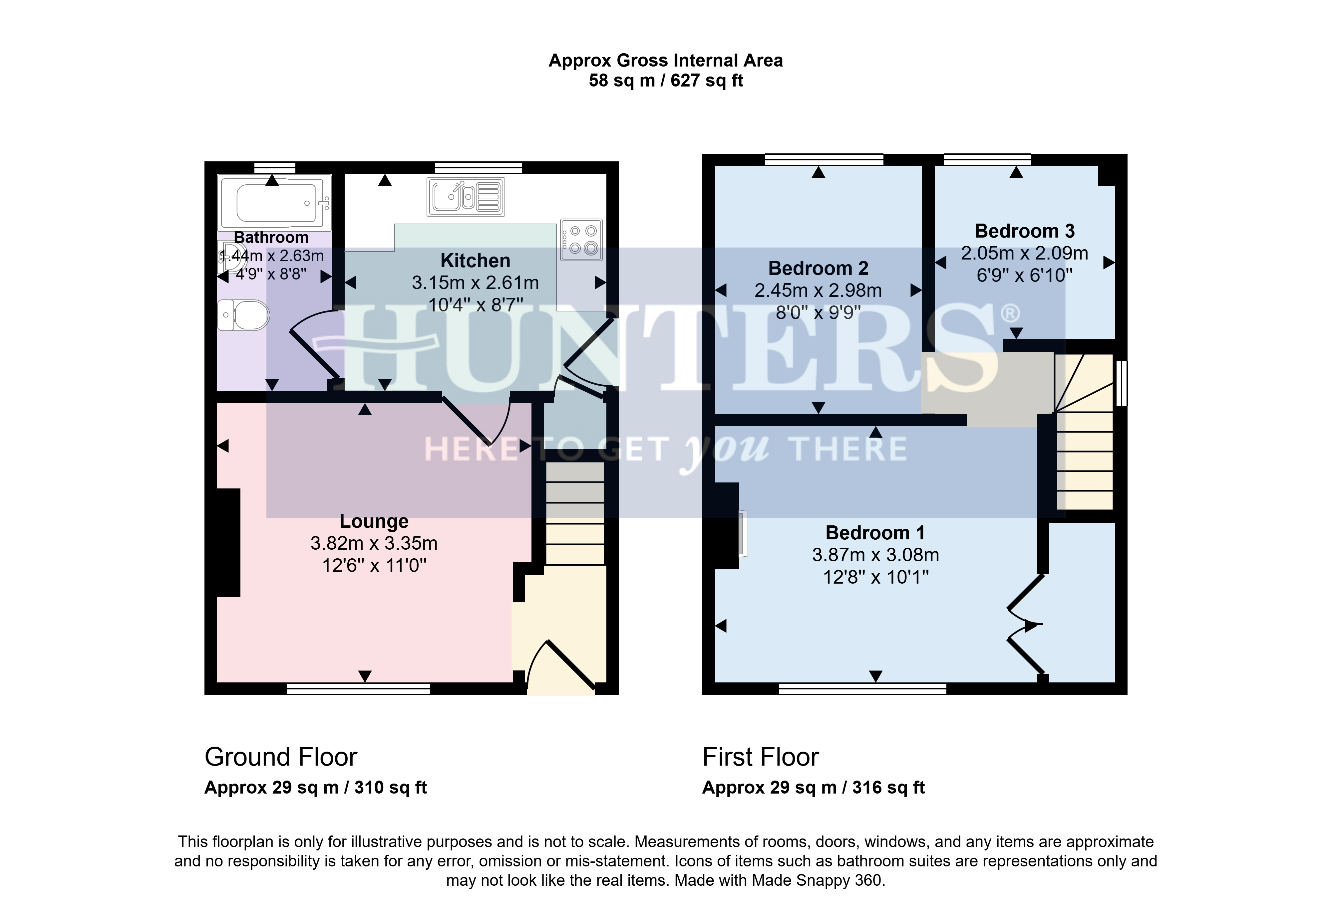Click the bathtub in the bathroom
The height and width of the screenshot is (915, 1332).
click(x=274, y=203)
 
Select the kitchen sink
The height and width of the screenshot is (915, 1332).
click(x=466, y=197)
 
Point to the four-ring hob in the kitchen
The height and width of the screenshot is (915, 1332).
click(x=581, y=240)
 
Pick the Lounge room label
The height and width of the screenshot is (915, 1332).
click(x=374, y=521)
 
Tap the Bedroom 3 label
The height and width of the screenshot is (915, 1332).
click(x=1025, y=231)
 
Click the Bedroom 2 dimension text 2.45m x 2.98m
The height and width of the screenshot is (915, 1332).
click(x=818, y=291)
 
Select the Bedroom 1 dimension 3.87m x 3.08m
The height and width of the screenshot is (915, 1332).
click(x=875, y=555)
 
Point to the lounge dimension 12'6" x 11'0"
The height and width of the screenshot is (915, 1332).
click(x=374, y=566)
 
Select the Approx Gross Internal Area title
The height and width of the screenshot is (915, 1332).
click(x=666, y=60)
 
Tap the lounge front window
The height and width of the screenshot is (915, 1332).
click(x=359, y=688)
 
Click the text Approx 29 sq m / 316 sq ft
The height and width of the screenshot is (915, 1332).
click(x=814, y=788)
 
